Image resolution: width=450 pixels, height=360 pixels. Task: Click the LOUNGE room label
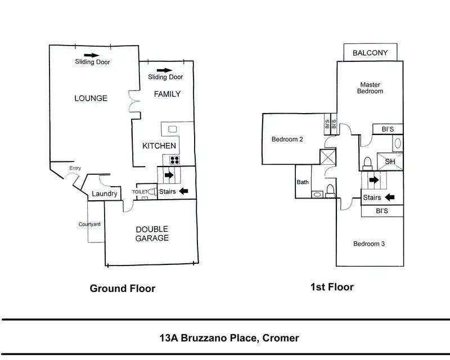tap(91, 98)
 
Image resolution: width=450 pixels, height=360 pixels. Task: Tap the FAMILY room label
tap(167, 94)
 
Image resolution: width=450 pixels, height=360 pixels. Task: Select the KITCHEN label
tap(159, 146)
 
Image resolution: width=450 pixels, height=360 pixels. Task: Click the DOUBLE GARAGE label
tap(152, 233)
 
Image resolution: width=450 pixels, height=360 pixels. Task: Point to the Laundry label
tap(105, 193)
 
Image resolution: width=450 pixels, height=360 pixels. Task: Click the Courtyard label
tap(89, 224)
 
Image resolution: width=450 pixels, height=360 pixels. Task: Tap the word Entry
tap(75, 168)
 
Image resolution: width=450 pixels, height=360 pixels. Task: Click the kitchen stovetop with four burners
tap(174, 160)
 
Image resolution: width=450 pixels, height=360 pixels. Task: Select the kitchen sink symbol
tap(172, 129)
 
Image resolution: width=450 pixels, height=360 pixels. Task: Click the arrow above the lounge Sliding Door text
tap(92, 55)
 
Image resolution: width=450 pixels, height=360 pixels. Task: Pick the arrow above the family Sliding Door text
tap(164, 70)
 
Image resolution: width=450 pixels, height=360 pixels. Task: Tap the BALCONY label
tap(370, 53)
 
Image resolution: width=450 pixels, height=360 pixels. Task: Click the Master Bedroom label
tap(370, 88)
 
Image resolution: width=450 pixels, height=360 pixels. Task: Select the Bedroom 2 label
tap(287, 139)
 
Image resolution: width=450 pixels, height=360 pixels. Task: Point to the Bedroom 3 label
tap(369, 244)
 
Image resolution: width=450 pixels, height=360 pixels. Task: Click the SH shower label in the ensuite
tap(390, 161)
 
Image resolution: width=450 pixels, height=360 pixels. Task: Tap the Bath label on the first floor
tap(303, 182)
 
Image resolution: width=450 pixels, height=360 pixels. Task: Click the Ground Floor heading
tap(123, 288)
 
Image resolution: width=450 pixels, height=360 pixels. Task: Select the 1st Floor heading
tap(332, 287)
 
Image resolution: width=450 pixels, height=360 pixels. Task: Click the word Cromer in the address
tap(281, 338)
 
